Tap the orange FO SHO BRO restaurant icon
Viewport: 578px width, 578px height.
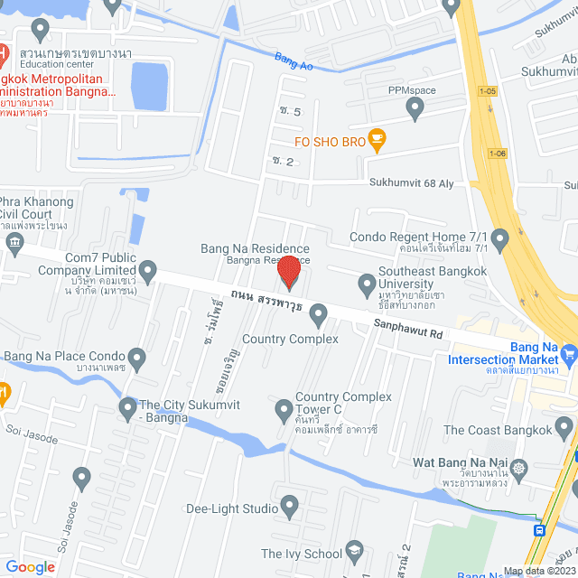(x=378, y=140)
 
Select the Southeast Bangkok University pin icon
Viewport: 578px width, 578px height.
(x=367, y=285)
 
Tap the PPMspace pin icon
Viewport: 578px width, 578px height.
(x=415, y=108)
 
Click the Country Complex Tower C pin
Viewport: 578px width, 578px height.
(x=284, y=410)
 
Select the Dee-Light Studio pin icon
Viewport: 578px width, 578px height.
(x=289, y=506)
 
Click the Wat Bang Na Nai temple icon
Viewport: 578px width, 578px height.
(x=519, y=469)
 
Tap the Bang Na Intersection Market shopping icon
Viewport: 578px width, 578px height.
(x=568, y=352)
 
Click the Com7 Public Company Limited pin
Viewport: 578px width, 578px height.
(x=147, y=271)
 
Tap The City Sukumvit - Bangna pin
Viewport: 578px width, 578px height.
(x=127, y=409)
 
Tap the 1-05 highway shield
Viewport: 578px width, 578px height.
(x=488, y=91)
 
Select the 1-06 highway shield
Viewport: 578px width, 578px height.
(x=498, y=153)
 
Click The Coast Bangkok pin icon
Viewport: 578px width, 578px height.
(x=564, y=425)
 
